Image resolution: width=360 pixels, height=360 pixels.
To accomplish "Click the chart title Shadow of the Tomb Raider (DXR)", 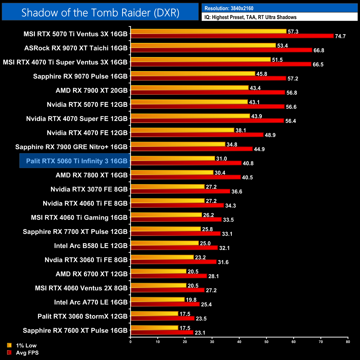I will click(100, 13).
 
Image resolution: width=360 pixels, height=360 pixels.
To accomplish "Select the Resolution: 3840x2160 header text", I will click(229, 8).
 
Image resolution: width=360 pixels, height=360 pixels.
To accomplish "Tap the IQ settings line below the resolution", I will click(250, 17).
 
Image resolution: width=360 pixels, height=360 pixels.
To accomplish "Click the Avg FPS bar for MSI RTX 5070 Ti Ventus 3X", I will click(232, 36).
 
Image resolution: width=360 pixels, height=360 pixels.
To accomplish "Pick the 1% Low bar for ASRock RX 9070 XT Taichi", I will click(203, 45).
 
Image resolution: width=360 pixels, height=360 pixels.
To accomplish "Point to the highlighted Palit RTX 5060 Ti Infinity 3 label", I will click(77, 161).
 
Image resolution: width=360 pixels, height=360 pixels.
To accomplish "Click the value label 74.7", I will click(340, 36).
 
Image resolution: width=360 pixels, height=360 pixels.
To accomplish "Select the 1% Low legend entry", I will click(26, 345).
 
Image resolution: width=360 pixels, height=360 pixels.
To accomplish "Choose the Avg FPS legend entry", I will click(27, 353).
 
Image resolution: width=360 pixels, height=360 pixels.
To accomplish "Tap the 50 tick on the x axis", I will click(266, 342).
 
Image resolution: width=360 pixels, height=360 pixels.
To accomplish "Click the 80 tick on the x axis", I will click(348, 342).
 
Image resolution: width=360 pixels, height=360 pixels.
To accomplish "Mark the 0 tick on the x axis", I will click(130, 342).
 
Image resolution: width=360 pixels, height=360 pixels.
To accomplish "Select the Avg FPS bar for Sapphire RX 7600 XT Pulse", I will click(162, 332).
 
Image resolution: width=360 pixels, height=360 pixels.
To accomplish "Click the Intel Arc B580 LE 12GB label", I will click(91, 246).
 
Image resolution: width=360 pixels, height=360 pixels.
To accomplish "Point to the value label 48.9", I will click(270, 135).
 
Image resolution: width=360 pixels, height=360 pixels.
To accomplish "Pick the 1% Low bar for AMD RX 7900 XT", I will click(190, 88).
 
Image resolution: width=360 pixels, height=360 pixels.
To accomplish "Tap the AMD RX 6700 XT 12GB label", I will click(92, 274).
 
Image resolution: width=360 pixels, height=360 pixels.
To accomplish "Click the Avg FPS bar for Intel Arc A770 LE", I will click(165, 304).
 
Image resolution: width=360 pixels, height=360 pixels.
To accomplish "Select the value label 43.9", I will click(256, 116).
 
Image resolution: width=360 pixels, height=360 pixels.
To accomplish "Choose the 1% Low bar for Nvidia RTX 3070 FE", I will click(168, 187).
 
